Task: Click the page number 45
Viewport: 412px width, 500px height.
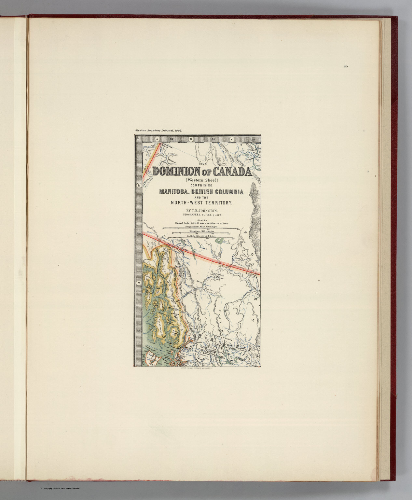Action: (x=345, y=66)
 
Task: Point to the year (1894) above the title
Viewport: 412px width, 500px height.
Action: (x=202, y=164)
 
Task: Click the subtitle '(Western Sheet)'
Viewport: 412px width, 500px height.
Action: (x=201, y=179)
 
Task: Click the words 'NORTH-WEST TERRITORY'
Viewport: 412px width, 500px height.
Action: (x=201, y=202)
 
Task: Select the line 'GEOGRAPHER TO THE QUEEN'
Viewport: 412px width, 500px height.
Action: (x=201, y=215)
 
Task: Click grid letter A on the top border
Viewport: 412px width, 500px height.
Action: (x=157, y=139)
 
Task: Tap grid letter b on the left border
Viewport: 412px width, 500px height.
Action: (x=139, y=186)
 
